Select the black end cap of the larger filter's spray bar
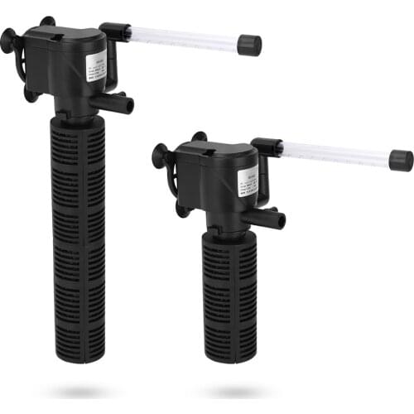pyautogui.click(x=249, y=46)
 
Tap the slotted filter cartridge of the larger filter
pyautogui.click(x=79, y=232)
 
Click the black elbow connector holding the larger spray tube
pyautogui.click(x=113, y=33)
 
